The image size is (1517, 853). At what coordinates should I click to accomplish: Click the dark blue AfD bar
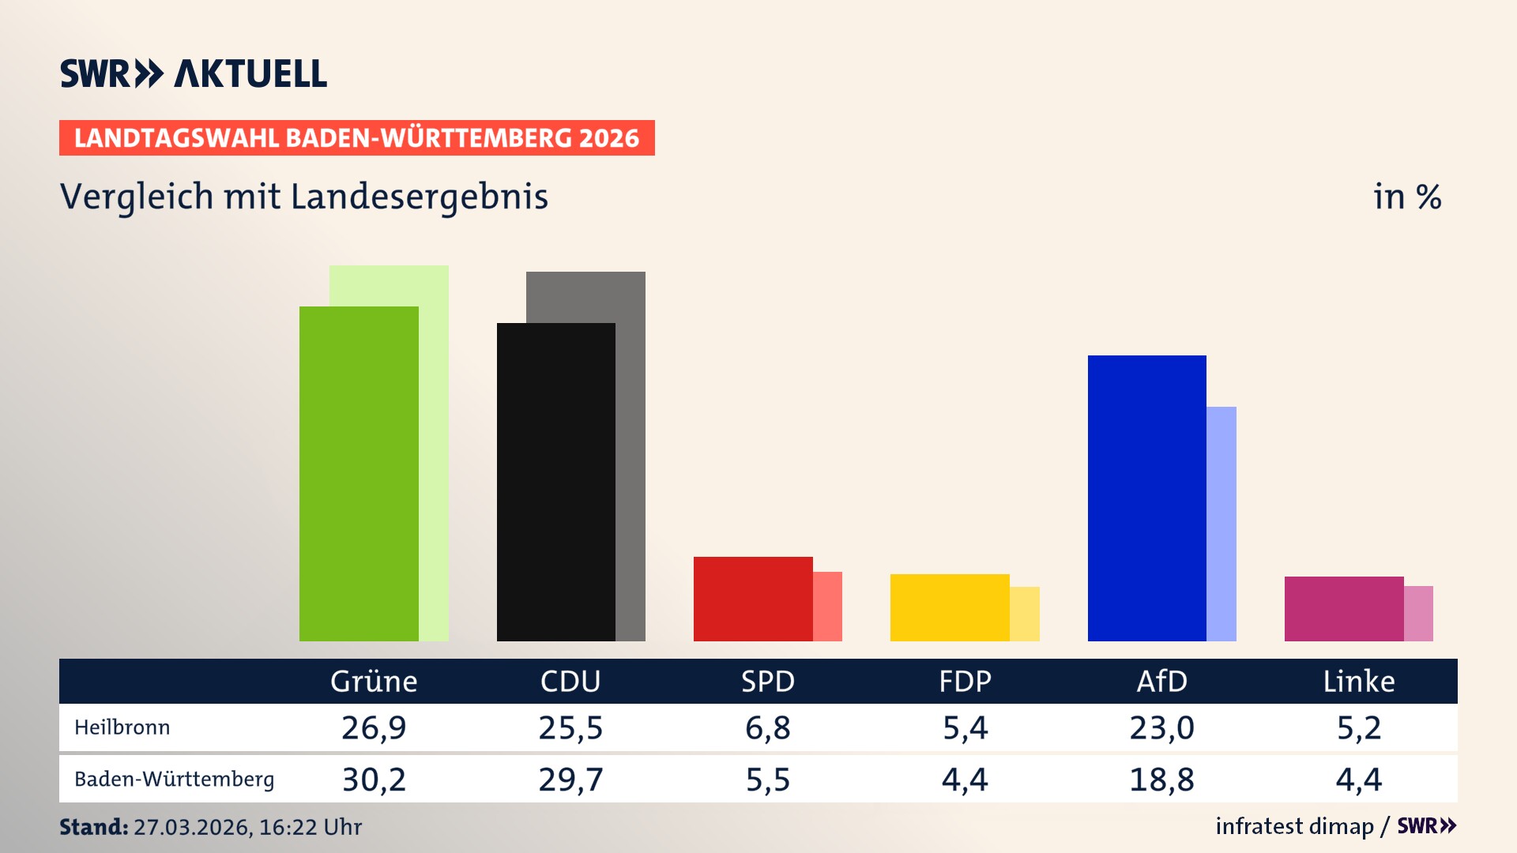[x=1146, y=498]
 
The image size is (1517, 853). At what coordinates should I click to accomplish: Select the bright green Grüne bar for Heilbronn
[x=359, y=474]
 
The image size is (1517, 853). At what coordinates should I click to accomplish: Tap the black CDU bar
[x=555, y=482]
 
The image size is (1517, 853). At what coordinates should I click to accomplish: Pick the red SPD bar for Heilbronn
[x=752, y=599]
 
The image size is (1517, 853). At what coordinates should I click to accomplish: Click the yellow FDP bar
[x=949, y=607]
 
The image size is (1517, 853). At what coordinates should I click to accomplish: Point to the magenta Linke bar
[x=1343, y=609]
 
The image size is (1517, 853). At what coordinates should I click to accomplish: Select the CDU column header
[x=570, y=681]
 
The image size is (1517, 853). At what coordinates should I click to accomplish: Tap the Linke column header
[x=1359, y=681]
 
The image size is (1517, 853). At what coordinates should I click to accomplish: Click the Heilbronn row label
[x=122, y=727]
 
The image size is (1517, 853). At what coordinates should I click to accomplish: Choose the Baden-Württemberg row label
[x=174, y=780]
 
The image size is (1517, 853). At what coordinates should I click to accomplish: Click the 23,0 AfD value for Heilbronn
[x=1161, y=727]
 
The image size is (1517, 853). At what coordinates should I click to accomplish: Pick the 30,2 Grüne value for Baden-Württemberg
[x=374, y=780]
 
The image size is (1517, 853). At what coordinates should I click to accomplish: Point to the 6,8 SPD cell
[x=767, y=727]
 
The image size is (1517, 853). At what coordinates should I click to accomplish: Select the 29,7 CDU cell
[x=570, y=780]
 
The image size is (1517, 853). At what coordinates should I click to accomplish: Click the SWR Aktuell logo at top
[x=194, y=73]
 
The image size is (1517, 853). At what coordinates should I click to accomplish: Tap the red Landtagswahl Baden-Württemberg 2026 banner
[x=356, y=137]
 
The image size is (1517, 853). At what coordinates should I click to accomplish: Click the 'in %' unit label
[x=1407, y=197]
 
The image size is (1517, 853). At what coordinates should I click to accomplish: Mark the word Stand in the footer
[x=93, y=827]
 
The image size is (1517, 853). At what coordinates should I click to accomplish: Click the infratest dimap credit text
[x=1294, y=826]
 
